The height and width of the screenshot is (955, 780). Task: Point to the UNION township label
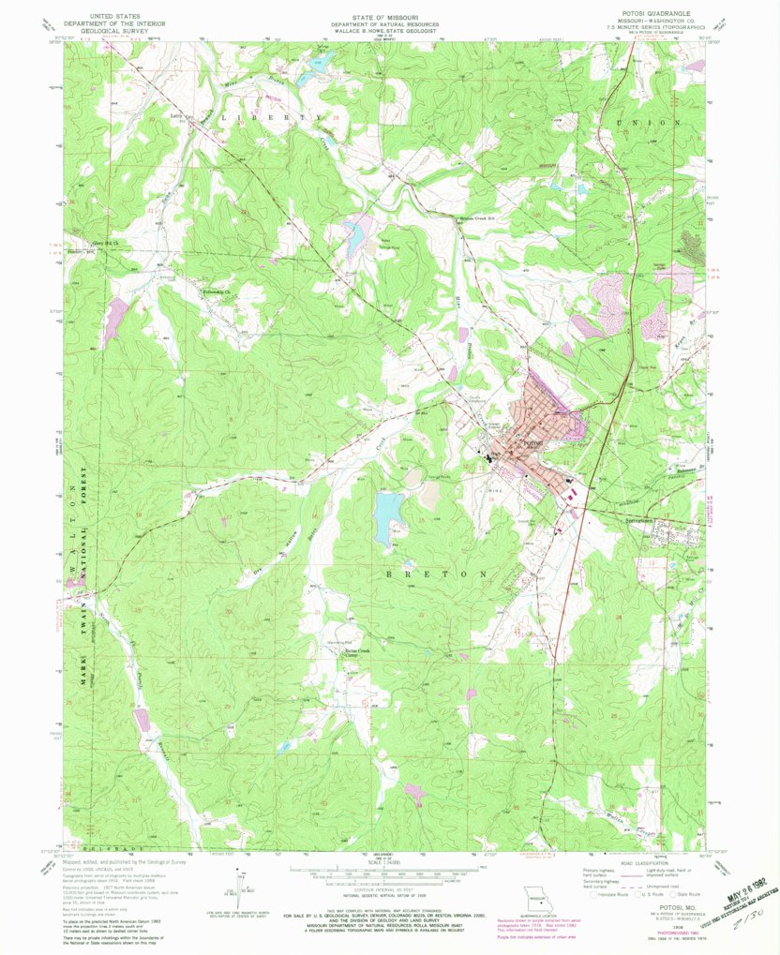(x=650, y=123)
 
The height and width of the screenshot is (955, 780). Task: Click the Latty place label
(x=175, y=115)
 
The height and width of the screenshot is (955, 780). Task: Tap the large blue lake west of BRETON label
(x=385, y=517)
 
